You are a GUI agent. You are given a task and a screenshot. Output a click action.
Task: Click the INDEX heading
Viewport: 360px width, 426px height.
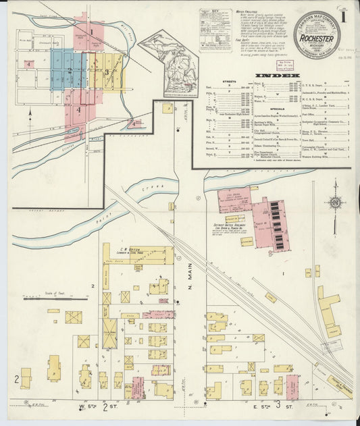coord(278,74)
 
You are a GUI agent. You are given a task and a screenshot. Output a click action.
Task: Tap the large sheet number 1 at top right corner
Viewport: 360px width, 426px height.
coord(345,15)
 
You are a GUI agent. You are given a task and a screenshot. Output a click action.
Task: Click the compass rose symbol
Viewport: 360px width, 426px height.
coord(332,203)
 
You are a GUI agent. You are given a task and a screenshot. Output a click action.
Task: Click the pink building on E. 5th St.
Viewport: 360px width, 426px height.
coord(292,386)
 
